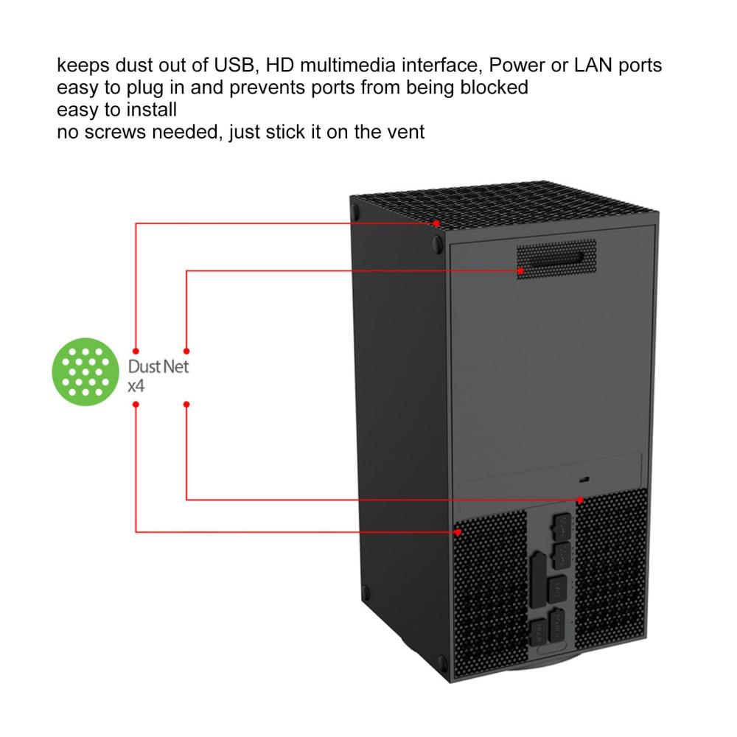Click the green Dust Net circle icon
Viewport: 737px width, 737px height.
pyautogui.click(x=85, y=371)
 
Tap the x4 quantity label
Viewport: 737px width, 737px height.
pyautogui.click(x=136, y=386)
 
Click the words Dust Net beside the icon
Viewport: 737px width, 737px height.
pyautogui.click(x=158, y=366)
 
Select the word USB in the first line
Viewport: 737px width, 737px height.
pyautogui.click(x=235, y=65)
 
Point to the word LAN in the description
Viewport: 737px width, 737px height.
pyautogui.click(x=593, y=65)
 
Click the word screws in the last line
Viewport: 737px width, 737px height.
pyautogui.click(x=118, y=132)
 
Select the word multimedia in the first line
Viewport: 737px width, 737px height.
pyautogui.click(x=348, y=65)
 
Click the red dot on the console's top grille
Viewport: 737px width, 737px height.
pyautogui.click(x=436, y=224)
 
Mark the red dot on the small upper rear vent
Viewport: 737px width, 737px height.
pyautogui.click(x=521, y=270)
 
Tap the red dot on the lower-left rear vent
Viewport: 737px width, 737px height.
pyautogui.click(x=458, y=532)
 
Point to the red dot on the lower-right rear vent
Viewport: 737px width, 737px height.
pyautogui.click(x=581, y=500)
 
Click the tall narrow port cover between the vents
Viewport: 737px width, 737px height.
pyautogui.click(x=538, y=580)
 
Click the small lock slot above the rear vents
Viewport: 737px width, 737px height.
pyautogui.click(x=584, y=480)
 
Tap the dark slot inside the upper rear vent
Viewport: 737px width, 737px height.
pyautogui.click(x=556, y=259)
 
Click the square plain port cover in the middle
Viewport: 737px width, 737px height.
pyautogui.click(x=557, y=588)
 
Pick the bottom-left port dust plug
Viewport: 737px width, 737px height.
pyautogui.click(x=537, y=632)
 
